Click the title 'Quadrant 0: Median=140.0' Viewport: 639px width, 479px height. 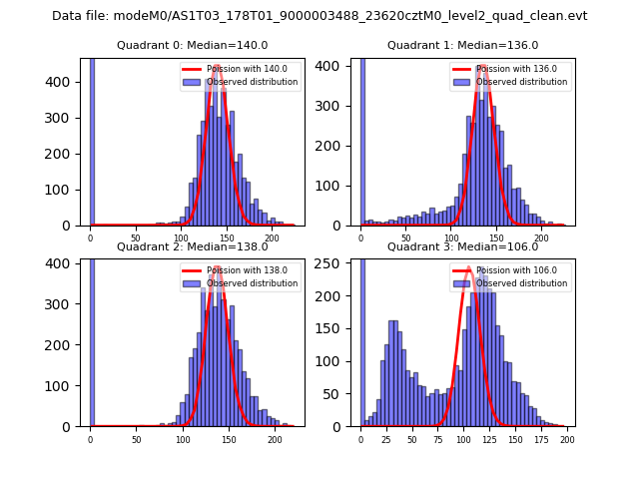pos(193,45)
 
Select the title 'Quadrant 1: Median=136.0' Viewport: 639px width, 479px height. pos(463,45)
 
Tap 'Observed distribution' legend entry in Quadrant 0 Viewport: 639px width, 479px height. pos(256,82)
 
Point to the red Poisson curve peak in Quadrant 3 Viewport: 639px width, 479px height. pos(468,267)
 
